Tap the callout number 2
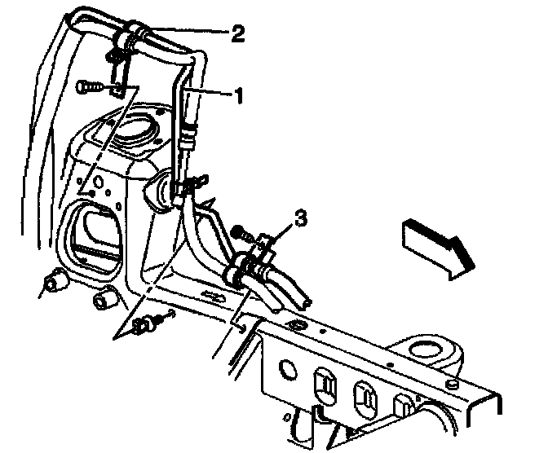pos(238,33)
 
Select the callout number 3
pos(301,218)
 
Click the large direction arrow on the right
pos(436,246)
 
